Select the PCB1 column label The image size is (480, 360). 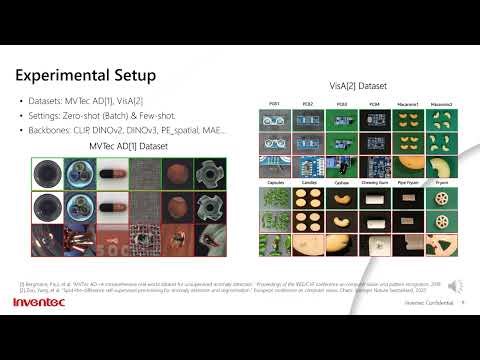[274, 104]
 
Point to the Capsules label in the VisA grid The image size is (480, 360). [274, 185]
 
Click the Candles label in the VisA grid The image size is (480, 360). [306, 185]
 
